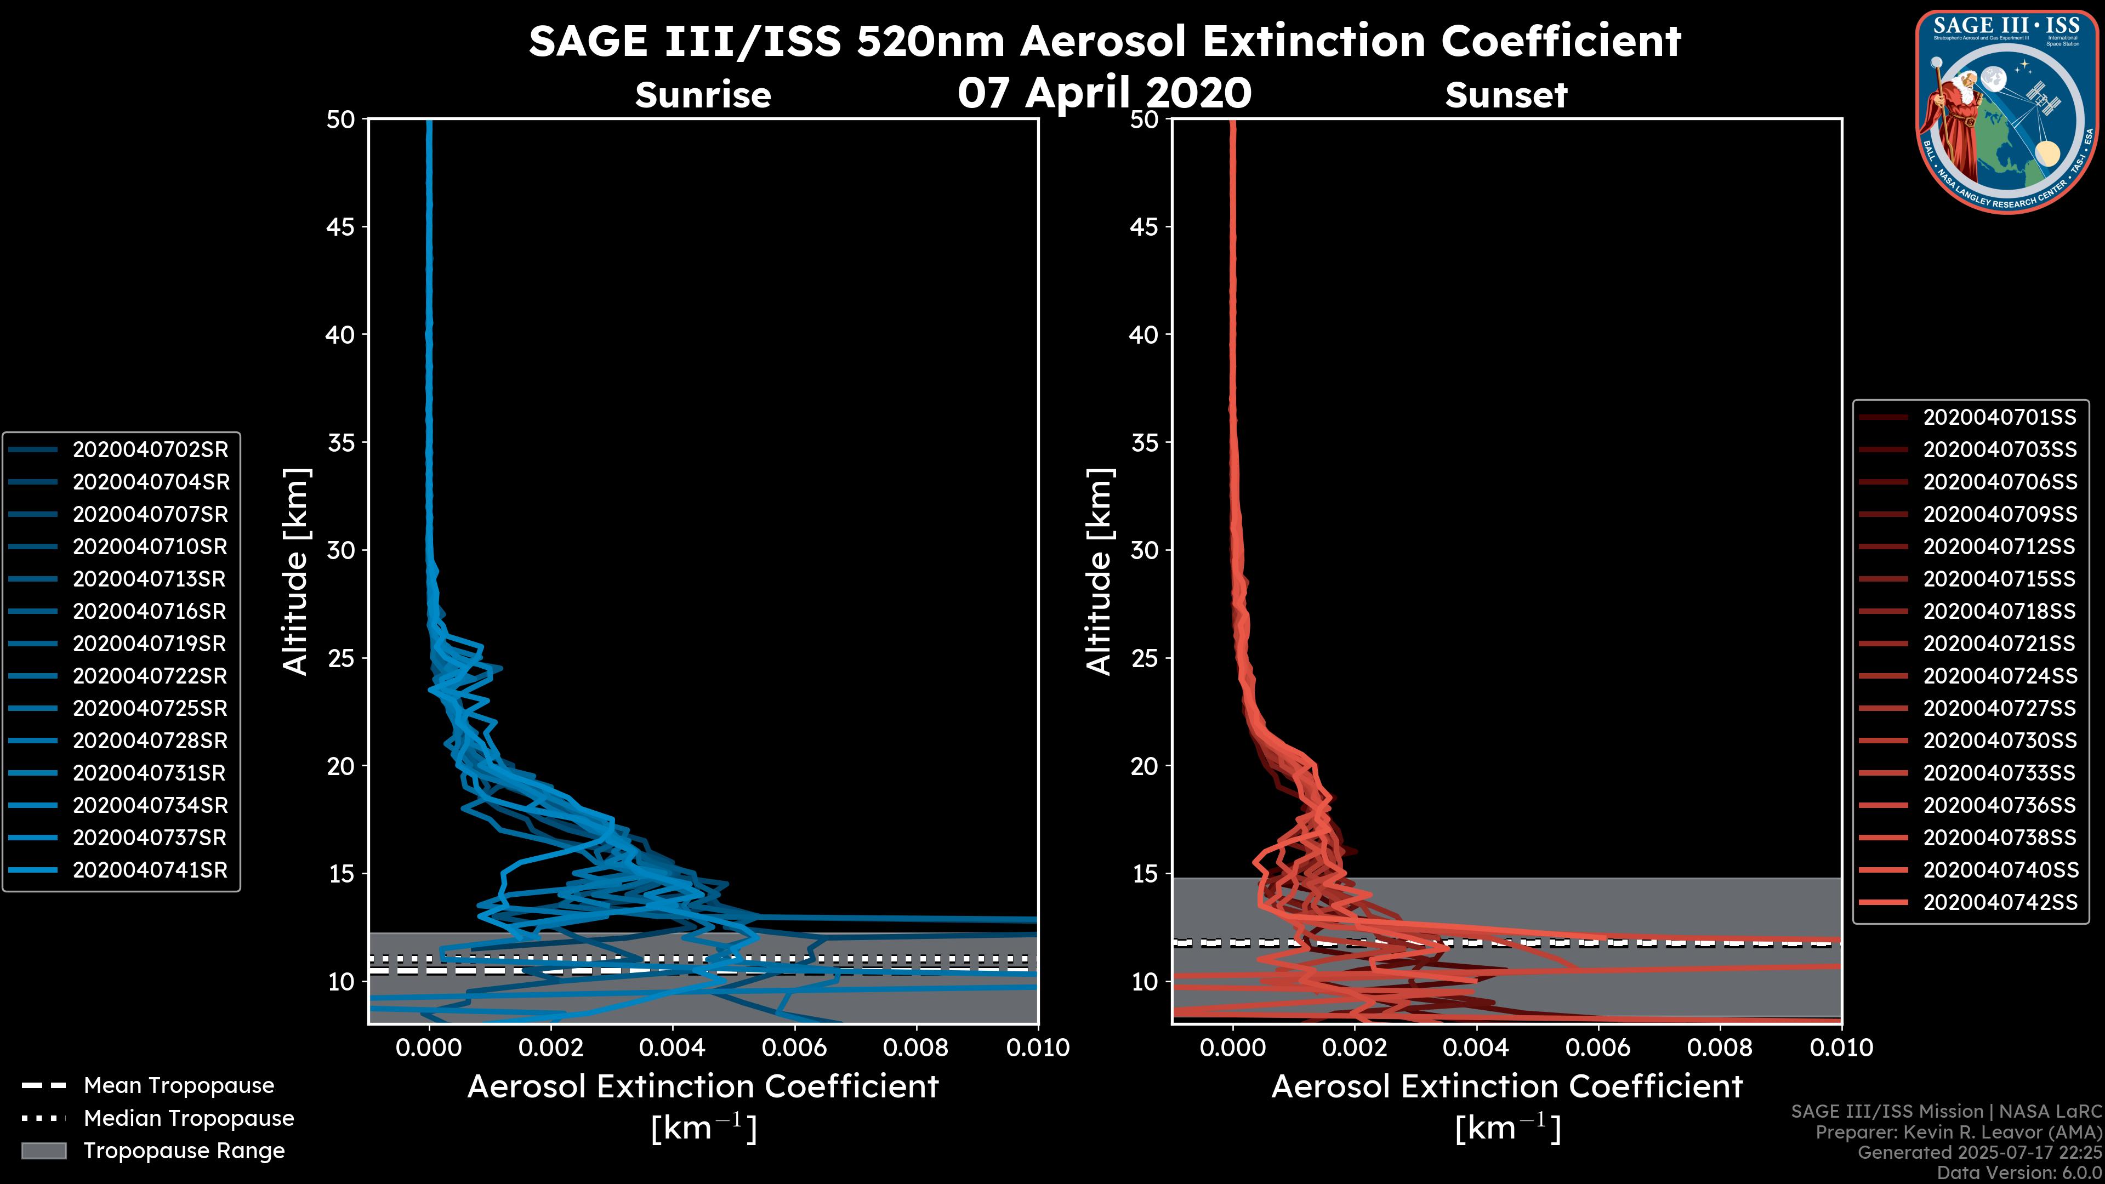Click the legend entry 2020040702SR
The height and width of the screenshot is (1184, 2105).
click(150, 449)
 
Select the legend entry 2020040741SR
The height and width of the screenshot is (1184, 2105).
click(150, 869)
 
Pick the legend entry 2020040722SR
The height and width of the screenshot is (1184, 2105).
click(150, 676)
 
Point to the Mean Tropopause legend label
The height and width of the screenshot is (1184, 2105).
click(179, 1085)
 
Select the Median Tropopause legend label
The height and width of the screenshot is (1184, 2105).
click(189, 1118)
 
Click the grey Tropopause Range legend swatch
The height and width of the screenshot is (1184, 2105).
click(43, 1151)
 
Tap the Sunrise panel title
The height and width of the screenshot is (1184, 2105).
click(703, 95)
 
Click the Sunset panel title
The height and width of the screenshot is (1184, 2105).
click(1506, 95)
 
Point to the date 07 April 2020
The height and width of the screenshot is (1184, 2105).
click(1104, 92)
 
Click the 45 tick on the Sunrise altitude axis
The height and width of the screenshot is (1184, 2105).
click(341, 226)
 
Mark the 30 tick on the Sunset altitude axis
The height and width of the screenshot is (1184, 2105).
click(1144, 550)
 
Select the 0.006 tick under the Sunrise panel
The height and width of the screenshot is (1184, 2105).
click(793, 1048)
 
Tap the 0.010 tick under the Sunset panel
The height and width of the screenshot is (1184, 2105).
click(1841, 1048)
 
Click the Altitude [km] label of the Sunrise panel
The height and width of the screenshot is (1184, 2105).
click(295, 571)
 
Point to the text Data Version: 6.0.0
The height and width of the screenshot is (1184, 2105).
click(2021, 1172)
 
